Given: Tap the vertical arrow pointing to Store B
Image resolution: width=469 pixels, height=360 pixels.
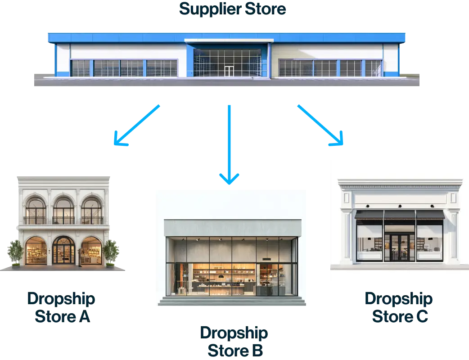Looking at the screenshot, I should coord(230,144).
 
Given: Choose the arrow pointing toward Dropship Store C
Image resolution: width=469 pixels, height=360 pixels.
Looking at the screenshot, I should coord(321,126).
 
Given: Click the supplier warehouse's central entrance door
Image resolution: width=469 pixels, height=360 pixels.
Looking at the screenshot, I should coord(229,71).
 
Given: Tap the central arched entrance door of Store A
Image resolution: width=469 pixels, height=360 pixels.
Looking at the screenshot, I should coord(63,250).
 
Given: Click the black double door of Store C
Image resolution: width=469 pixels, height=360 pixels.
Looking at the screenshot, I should coord(400,247).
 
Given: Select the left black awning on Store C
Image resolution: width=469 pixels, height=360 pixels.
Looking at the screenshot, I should coord(369,215).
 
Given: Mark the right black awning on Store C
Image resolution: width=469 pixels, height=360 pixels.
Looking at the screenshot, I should coord(430,215).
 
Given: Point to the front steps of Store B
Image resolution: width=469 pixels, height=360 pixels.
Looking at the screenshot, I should coord(230,301).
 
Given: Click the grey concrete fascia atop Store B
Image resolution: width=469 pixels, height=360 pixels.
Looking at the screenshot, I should coord(232,228).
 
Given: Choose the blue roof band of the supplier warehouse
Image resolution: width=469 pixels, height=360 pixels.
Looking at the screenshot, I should coord(227,37).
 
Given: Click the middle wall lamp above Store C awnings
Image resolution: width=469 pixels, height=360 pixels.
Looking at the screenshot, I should coord(400,206).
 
